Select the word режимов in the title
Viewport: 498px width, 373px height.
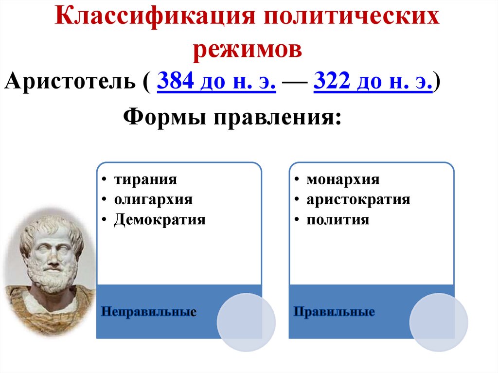point(248,50)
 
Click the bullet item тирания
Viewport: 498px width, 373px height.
point(146,179)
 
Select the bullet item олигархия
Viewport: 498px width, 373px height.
point(154,199)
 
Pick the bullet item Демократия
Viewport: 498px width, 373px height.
point(160,219)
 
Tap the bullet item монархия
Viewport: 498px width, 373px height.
point(343,179)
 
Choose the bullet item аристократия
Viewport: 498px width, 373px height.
point(358,199)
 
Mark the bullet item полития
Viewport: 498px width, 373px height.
point(338,219)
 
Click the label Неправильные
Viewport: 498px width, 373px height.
point(148,311)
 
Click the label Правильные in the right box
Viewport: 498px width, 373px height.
point(334,311)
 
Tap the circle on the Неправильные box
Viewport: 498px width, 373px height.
point(246,322)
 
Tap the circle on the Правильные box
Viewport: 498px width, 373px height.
point(439,322)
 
